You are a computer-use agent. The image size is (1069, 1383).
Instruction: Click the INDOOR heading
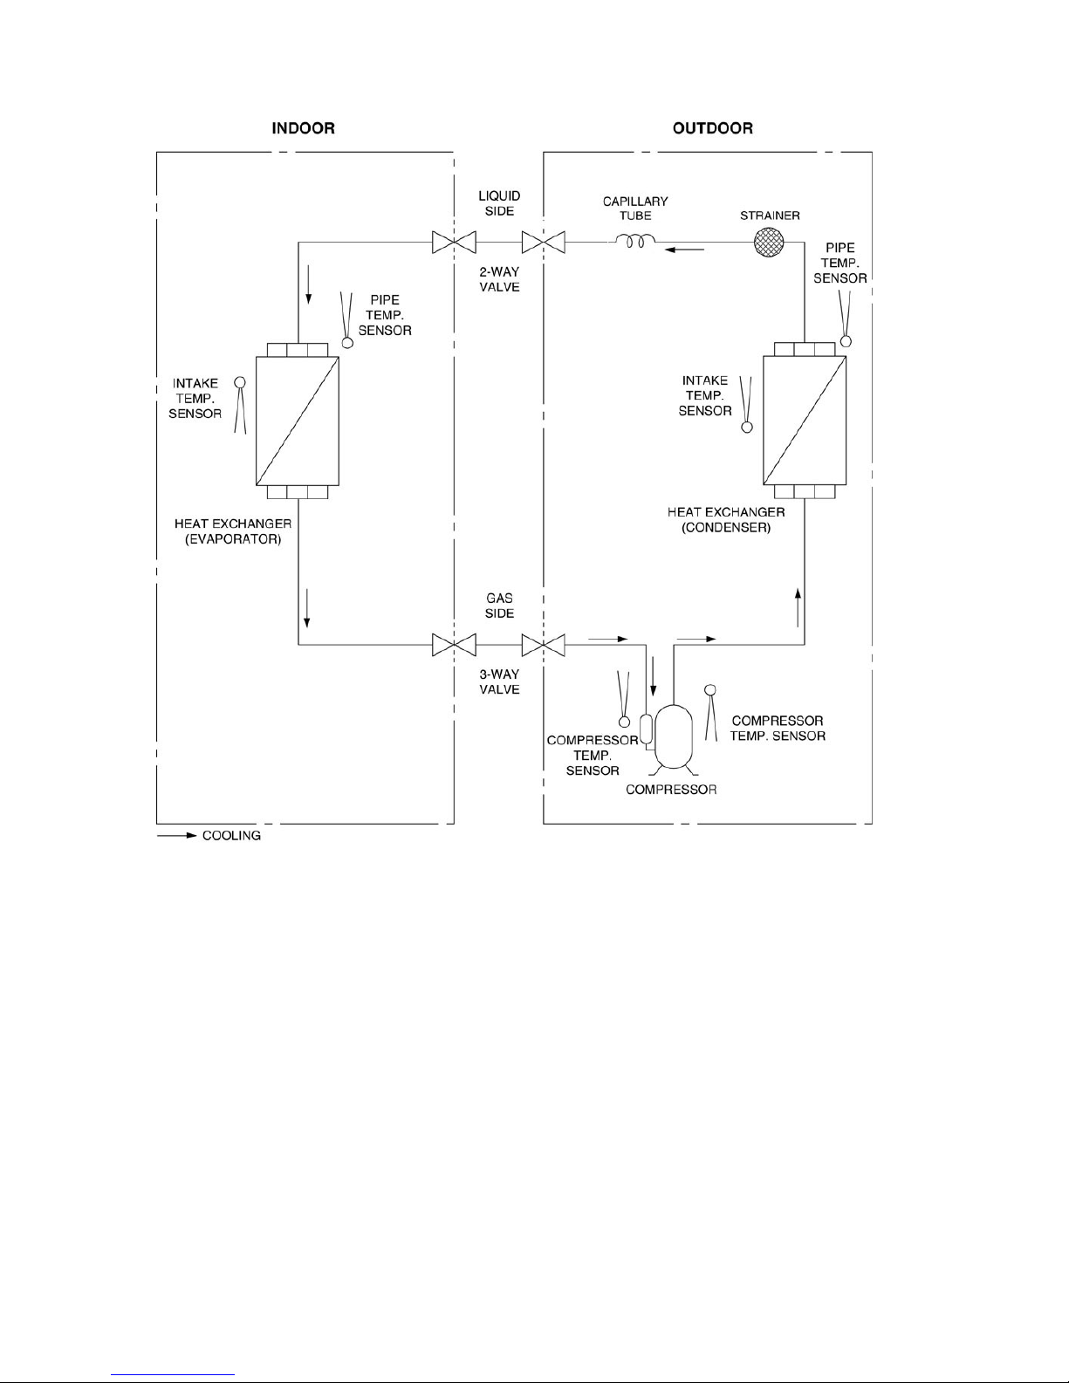click(x=303, y=128)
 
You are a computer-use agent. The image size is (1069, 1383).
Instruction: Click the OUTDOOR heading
click(x=713, y=128)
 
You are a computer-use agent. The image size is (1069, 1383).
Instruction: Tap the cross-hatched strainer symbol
click(x=769, y=243)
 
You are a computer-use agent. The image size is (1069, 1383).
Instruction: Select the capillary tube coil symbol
click(x=635, y=241)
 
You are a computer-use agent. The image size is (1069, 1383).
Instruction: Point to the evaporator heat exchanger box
click(x=298, y=421)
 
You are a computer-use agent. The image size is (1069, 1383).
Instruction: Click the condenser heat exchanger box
click(x=805, y=420)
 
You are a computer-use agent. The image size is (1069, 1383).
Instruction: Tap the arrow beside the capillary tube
click(x=685, y=250)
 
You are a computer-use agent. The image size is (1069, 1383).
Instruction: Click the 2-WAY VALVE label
click(x=499, y=279)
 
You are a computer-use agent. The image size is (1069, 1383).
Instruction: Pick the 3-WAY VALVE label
click(x=499, y=681)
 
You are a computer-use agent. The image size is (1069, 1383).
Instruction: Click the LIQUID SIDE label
click(x=499, y=203)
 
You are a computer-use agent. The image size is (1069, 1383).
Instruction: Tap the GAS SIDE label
click(x=499, y=606)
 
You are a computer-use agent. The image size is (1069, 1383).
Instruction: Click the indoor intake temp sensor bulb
click(x=240, y=382)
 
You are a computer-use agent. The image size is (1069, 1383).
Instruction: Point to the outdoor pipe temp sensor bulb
click(x=846, y=342)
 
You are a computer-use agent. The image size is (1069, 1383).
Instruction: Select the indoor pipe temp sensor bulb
click(x=347, y=343)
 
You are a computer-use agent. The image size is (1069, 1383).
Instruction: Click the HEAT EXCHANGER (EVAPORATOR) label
click(x=233, y=531)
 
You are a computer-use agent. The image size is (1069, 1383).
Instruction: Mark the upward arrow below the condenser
click(x=798, y=608)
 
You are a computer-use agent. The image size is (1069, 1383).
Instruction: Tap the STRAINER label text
click(x=770, y=216)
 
